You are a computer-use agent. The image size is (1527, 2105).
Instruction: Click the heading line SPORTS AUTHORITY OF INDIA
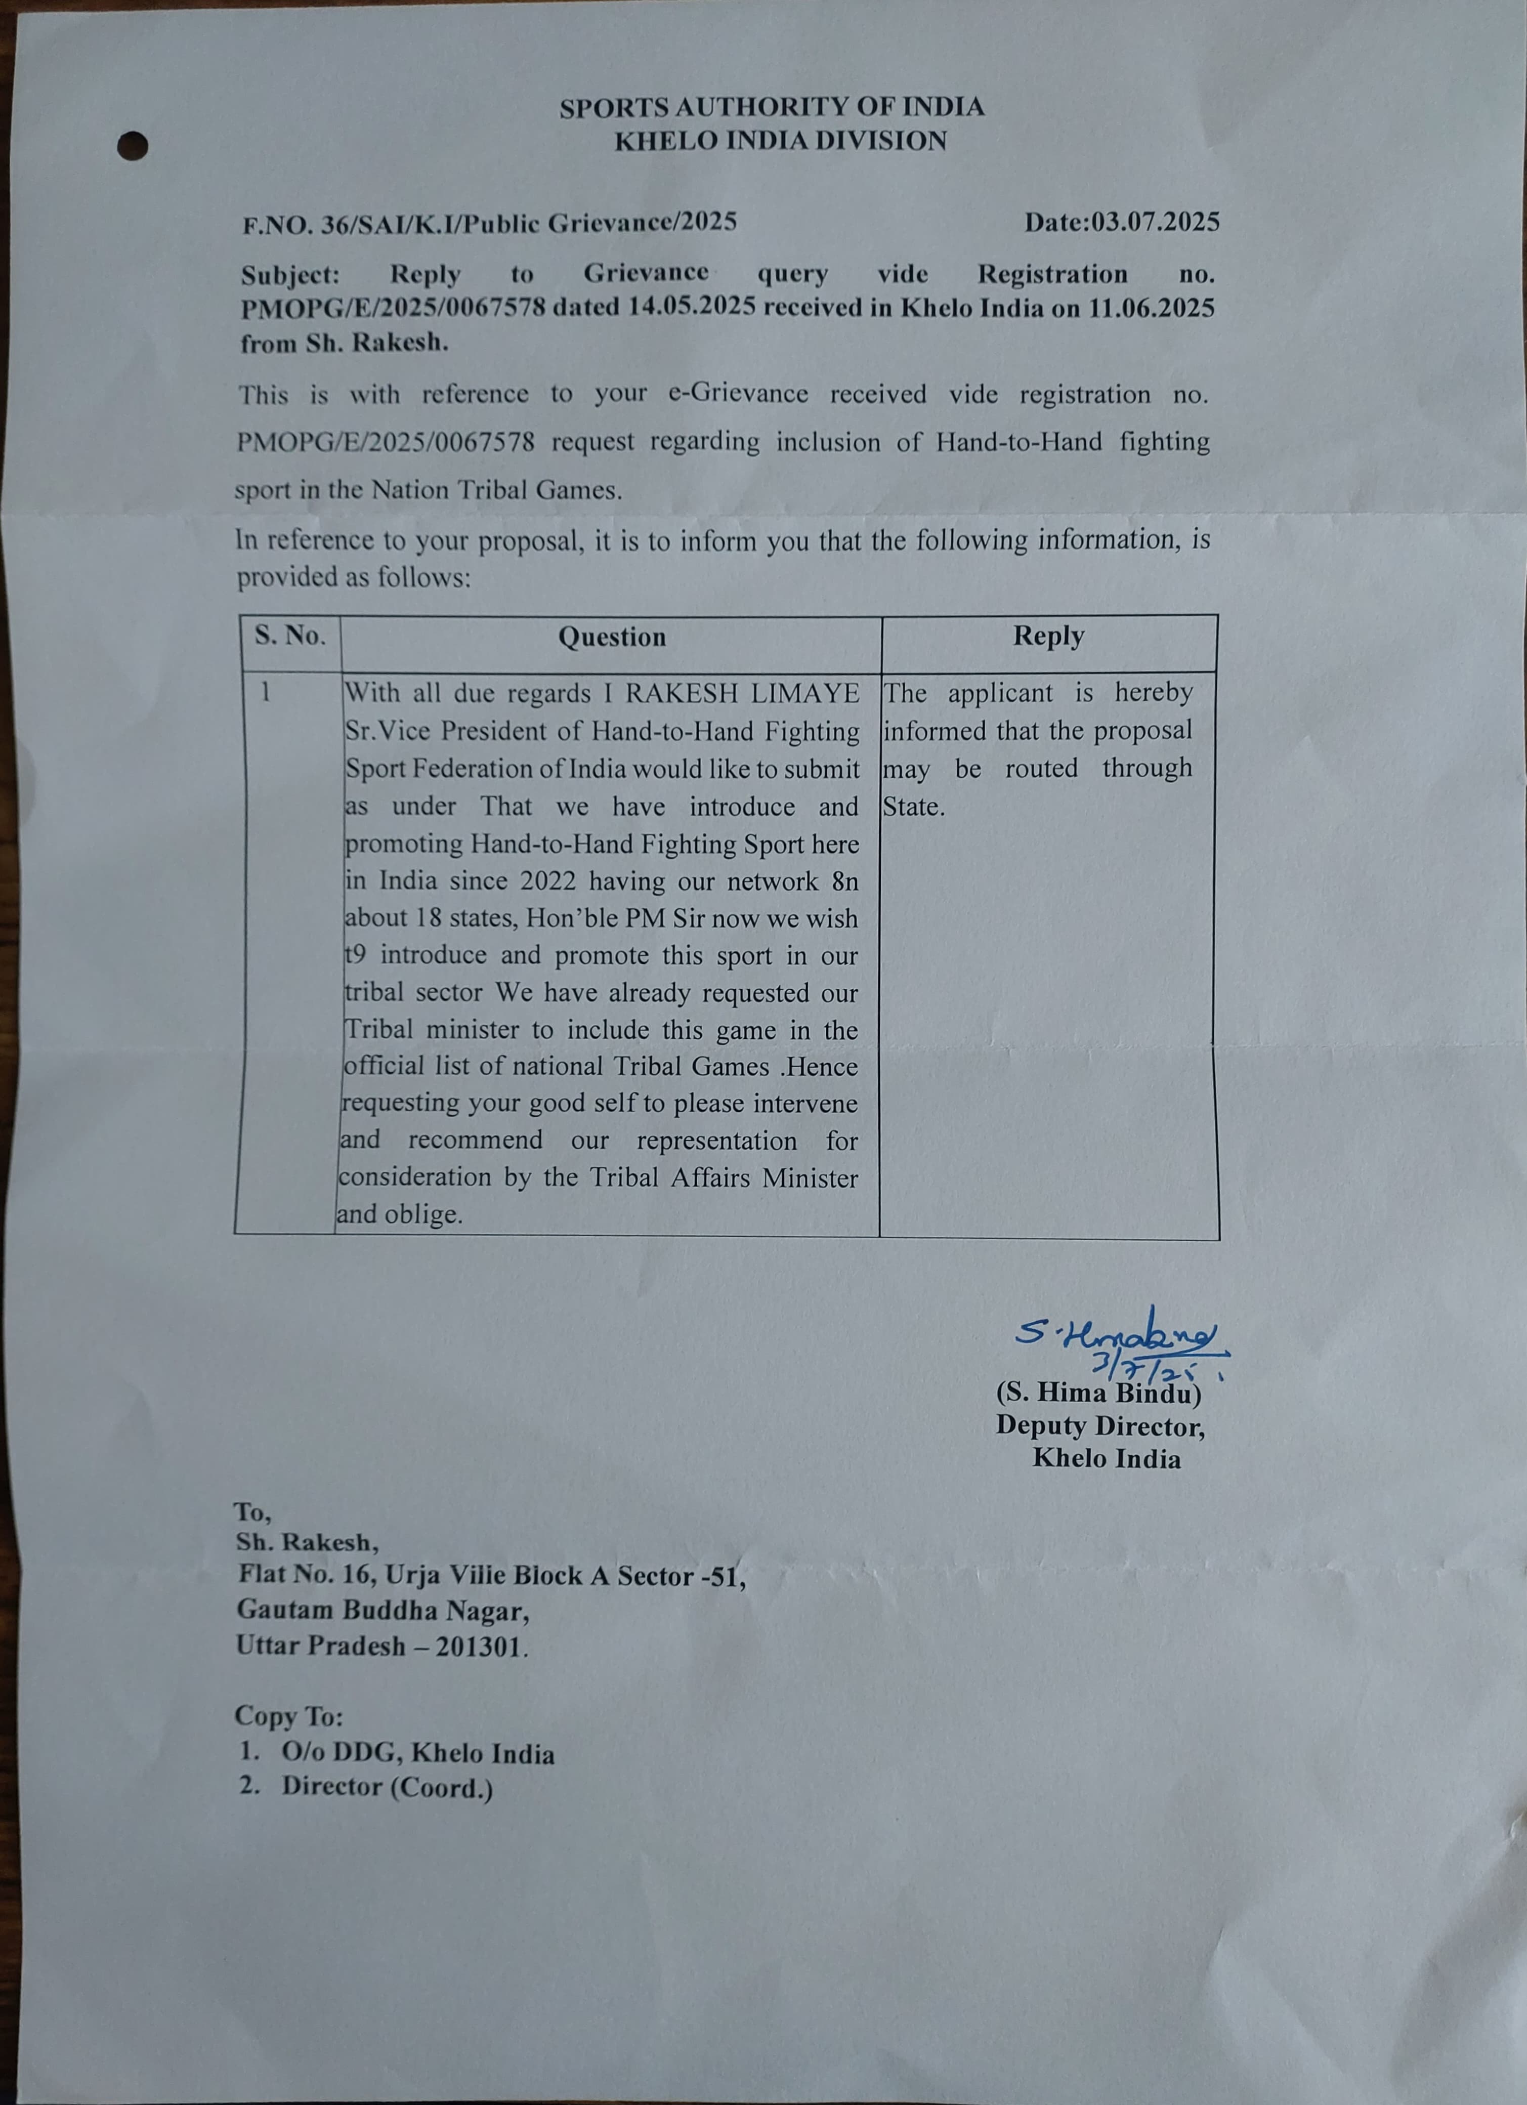(x=772, y=108)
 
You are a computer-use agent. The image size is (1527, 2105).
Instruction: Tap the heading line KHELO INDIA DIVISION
(x=781, y=141)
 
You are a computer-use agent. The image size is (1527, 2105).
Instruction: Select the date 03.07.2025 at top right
(x=1155, y=222)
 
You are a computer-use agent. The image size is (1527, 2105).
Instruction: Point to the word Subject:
(x=290, y=276)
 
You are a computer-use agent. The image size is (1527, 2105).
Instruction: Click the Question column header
(x=612, y=637)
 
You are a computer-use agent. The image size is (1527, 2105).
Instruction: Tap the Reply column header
(x=1048, y=636)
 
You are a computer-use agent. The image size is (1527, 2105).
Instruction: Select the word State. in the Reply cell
(x=914, y=807)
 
